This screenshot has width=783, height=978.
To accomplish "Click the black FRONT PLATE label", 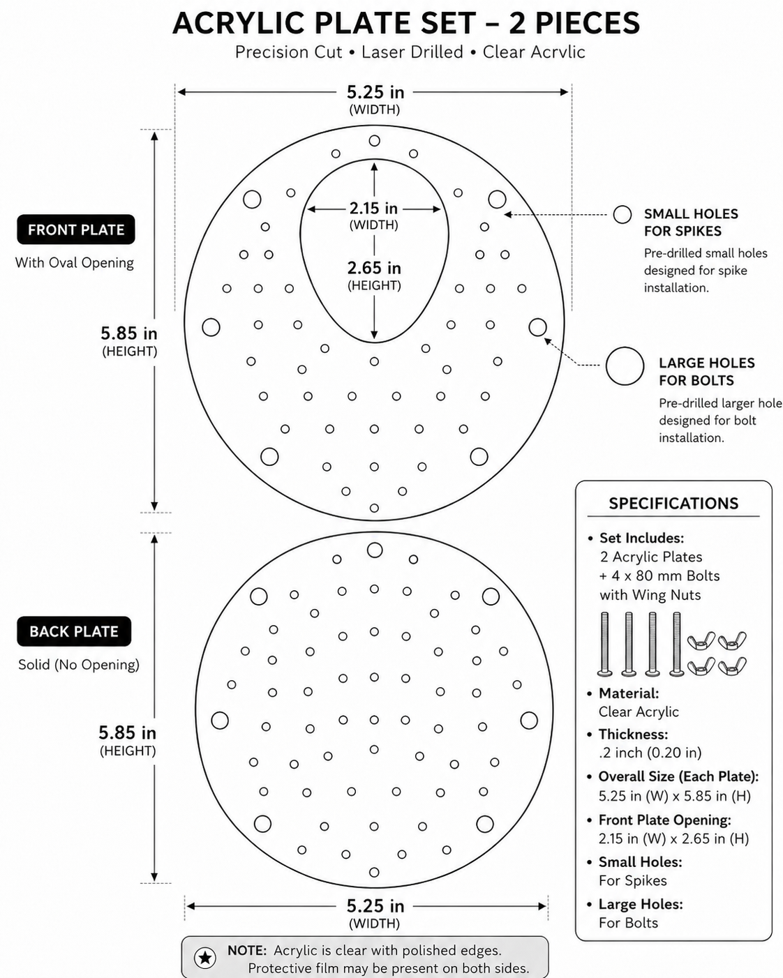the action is (x=76, y=230).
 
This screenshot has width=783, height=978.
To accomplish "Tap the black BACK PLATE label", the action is (x=74, y=631).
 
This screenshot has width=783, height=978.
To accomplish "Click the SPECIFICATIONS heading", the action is (x=673, y=504).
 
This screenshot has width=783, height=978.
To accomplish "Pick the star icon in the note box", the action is (x=205, y=958).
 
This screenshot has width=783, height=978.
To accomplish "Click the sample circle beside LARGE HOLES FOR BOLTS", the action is (x=625, y=366).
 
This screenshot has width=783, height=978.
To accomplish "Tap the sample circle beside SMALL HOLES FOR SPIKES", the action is (x=622, y=215).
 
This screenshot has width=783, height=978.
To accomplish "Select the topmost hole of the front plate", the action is (x=374, y=141).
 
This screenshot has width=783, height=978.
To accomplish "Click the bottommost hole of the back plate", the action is (x=374, y=872).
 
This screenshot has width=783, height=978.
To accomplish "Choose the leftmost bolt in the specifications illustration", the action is (x=605, y=644).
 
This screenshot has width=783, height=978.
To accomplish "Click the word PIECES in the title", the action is (x=588, y=23).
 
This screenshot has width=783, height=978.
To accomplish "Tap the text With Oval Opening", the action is (x=75, y=263).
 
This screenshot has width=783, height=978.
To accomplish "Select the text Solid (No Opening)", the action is (x=79, y=664).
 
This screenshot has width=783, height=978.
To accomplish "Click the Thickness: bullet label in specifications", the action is (x=633, y=734).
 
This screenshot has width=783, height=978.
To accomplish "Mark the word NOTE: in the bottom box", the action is (x=247, y=950).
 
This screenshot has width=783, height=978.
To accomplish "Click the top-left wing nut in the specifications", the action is (x=701, y=641).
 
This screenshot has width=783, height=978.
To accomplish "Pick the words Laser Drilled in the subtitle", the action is (x=412, y=52).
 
